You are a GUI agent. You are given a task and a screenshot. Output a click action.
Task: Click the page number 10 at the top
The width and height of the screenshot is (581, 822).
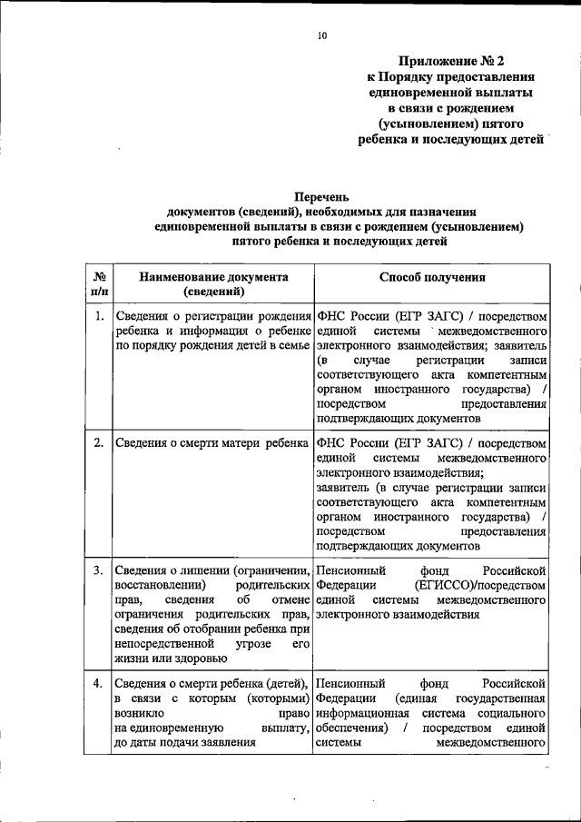[321, 35]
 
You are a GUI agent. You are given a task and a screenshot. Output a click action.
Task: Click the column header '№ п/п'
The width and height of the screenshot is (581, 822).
[96, 285]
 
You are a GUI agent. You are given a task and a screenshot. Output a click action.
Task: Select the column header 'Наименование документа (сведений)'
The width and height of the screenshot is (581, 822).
[213, 285]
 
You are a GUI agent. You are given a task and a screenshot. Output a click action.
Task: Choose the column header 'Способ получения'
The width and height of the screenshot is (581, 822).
[431, 278]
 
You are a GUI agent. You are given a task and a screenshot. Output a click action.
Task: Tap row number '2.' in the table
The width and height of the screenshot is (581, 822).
[97, 442]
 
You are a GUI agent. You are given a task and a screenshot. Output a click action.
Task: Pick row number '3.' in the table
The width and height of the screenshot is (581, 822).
[97, 569]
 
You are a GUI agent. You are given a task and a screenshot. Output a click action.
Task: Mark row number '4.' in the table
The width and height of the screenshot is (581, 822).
[97, 682]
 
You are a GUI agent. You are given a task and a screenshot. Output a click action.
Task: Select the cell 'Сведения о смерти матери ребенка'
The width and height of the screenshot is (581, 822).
[212, 442]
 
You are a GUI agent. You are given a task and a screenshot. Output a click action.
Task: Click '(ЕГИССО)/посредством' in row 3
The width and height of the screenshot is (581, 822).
[478, 585]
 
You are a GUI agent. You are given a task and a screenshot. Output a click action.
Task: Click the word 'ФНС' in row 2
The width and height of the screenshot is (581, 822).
[330, 442]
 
